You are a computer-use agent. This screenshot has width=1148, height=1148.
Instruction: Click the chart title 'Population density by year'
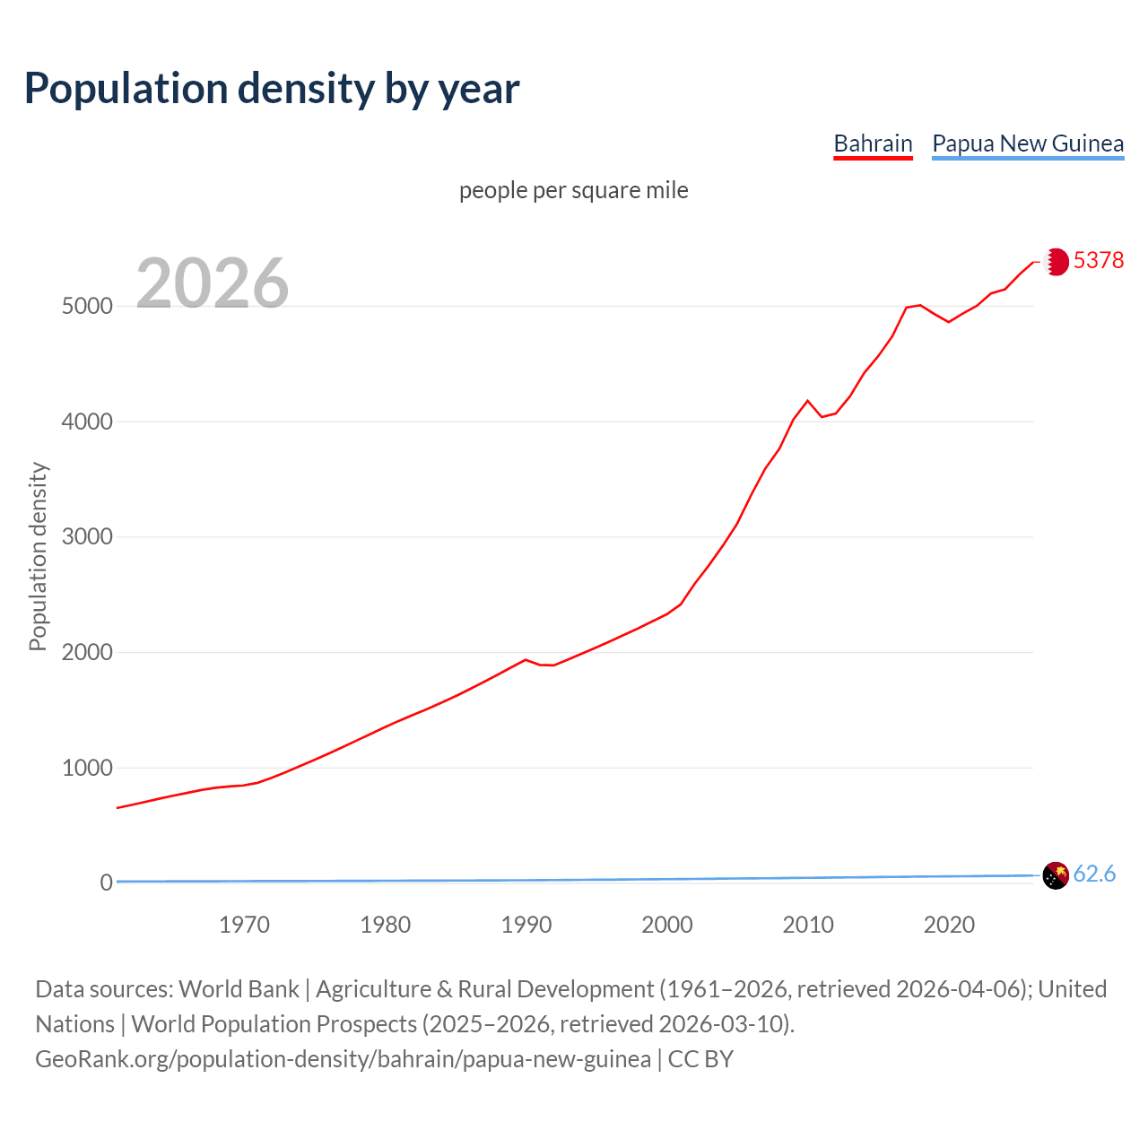coord(272,89)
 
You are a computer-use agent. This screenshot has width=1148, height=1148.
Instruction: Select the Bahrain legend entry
coord(873,143)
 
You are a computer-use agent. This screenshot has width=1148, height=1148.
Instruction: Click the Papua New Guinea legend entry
coord(1028,143)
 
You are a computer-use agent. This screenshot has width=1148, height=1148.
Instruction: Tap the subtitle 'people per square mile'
coord(574,191)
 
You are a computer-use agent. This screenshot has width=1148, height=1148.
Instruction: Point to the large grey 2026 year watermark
coord(213,283)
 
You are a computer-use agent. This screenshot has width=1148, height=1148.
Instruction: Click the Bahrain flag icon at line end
coord(1057,261)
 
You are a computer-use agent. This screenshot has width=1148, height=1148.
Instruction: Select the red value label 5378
coord(1099,260)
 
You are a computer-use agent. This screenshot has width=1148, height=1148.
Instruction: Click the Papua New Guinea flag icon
coord(1057,874)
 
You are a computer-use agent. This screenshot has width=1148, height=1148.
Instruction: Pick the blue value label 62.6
coord(1094,874)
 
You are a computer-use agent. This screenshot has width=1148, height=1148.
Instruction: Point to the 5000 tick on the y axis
coord(87,306)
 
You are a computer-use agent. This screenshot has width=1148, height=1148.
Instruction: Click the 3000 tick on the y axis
coord(87,537)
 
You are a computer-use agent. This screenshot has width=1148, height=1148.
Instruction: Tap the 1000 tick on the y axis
coord(87,769)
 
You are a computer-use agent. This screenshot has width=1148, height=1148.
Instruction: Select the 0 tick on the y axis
coord(107,883)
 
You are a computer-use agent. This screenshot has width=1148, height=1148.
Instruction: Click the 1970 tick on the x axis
coord(244,925)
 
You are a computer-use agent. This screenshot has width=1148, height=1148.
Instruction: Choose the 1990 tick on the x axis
coord(526,925)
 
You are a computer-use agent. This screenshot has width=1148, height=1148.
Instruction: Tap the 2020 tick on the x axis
coord(949,925)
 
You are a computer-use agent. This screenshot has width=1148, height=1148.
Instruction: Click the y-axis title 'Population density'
coord(38,556)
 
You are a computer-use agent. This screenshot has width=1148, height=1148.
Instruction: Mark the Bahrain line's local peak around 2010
coord(807,401)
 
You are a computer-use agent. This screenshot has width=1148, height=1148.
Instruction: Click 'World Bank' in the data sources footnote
coord(239,989)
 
